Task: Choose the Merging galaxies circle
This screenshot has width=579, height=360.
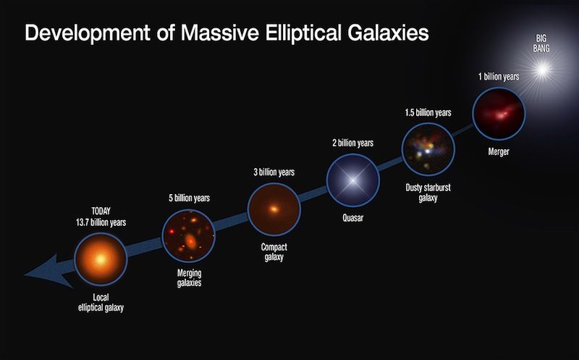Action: point(188,235)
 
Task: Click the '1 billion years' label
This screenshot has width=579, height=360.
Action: point(499,76)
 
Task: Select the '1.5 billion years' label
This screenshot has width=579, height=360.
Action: point(428,112)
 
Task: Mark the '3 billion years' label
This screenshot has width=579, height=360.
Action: point(274,172)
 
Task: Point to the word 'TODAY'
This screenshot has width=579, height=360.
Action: point(100,212)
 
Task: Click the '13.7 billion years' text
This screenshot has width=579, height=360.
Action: point(100,222)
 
